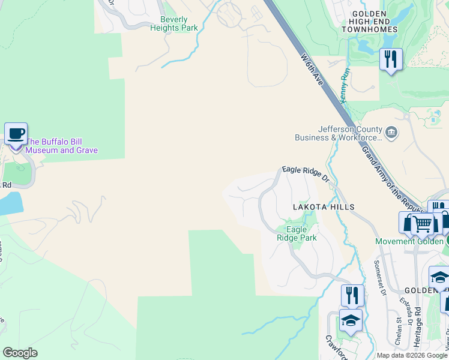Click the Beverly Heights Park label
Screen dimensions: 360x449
tap(174, 23)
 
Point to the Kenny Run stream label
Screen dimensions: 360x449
tap(345, 85)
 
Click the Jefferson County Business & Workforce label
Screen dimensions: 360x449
tap(339, 133)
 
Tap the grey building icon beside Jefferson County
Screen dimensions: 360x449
tap(391, 132)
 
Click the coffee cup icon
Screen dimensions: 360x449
tap(16, 134)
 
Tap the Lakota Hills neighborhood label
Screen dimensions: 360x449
tap(324, 207)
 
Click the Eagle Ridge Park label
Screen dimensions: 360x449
tap(297, 233)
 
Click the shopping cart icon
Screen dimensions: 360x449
tap(423, 224)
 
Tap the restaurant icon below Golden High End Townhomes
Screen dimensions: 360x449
tap(391, 59)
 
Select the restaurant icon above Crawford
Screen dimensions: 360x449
tap(352, 295)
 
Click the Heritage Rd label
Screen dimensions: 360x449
tap(418, 326)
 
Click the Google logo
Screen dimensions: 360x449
tap(20, 353)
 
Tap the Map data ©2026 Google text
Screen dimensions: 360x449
tap(412, 355)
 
